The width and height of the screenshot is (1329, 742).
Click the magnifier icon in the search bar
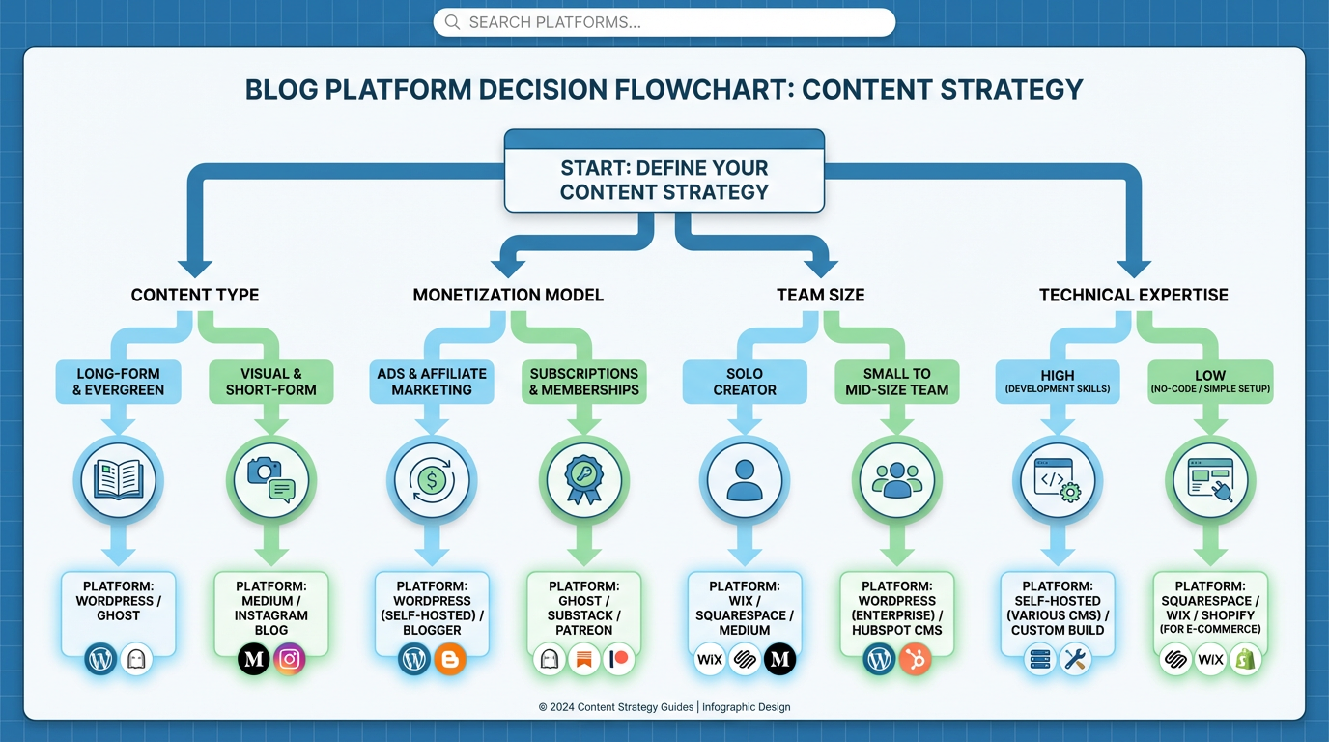tap(452, 22)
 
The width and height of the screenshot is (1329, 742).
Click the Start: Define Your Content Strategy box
tap(664, 180)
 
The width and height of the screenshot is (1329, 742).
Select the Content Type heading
tap(195, 295)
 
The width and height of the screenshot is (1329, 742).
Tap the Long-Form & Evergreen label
tap(118, 382)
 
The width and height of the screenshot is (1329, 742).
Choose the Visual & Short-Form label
tap(271, 382)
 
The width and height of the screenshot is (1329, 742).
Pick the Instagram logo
tap(290, 660)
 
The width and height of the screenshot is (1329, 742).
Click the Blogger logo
tap(450, 660)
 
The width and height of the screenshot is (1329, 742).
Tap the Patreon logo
tap(619, 660)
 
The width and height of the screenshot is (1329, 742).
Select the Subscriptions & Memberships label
tap(584, 382)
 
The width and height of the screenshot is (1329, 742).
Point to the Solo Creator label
tap(744, 382)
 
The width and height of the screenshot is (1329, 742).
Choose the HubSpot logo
tap(915, 660)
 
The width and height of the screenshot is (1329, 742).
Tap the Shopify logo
tap(1246, 660)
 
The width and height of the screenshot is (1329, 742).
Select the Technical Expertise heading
tap(1134, 295)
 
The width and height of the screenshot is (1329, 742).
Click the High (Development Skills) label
tap(1059, 382)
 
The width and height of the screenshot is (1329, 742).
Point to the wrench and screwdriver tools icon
tap(1075, 660)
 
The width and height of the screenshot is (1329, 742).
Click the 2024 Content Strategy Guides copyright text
tap(664, 707)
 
